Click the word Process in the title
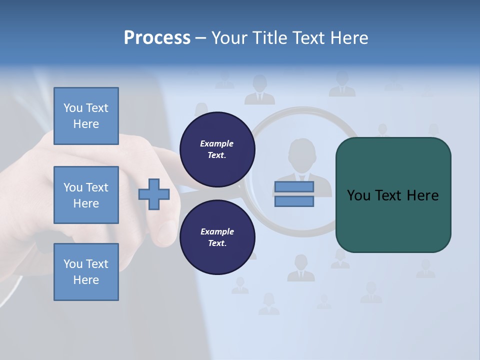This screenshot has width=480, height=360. tap(157, 38)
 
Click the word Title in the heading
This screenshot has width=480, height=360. tap(270, 38)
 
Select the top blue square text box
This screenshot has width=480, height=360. tap(86, 116)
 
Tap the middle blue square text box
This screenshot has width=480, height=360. tap(86, 195)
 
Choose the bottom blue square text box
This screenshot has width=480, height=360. tap(86, 272)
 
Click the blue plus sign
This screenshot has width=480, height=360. tap(154, 194)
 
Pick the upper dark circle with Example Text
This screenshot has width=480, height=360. tap(217, 149)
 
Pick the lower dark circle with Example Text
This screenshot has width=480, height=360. tap(217, 237)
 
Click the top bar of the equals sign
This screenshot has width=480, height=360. tap(294, 187)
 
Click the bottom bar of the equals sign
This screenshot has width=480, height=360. tap(294, 201)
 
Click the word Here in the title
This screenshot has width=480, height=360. tap(349, 38)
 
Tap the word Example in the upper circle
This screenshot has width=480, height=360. tap(217, 143)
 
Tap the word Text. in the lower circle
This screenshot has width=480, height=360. tap(217, 243)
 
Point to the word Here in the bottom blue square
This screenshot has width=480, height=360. tap(86, 280)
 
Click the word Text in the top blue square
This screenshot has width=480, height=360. tap(97, 108)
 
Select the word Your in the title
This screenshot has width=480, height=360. tap(229, 38)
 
